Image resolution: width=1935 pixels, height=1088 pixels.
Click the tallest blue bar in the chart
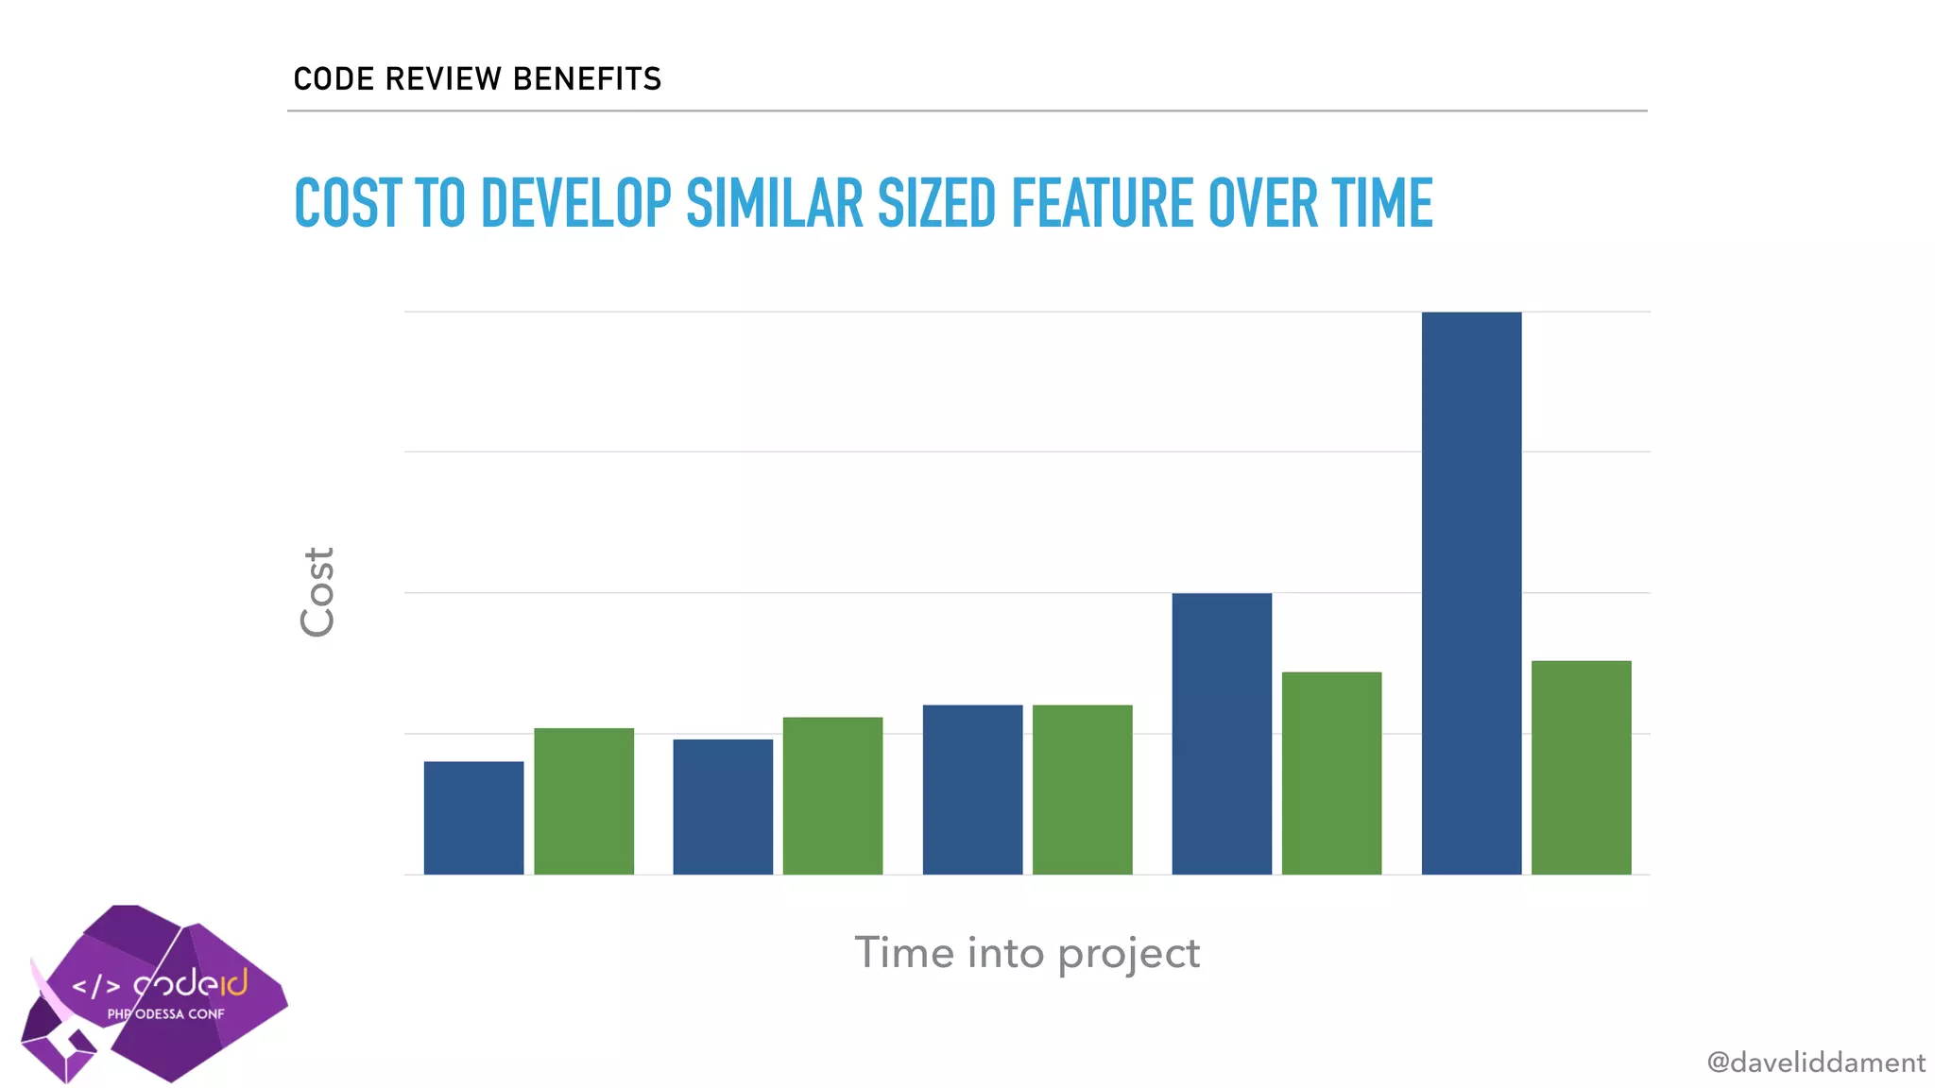click(1471, 593)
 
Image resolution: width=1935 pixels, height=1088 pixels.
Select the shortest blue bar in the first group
click(473, 818)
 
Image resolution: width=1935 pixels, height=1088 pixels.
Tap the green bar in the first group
click(584, 801)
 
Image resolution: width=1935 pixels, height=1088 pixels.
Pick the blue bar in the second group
click(723, 807)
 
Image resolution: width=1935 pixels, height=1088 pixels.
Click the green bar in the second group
click(832, 795)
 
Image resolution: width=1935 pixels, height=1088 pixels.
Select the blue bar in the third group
click(972, 790)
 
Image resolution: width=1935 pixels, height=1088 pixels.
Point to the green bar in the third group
click(1082, 790)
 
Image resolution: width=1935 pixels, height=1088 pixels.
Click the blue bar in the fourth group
click(1222, 734)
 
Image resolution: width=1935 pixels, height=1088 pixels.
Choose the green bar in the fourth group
click(1331, 773)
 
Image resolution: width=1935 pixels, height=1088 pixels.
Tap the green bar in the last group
click(1581, 767)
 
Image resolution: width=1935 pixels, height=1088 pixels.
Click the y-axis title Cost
click(317, 592)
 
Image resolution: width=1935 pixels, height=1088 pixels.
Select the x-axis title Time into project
click(1027, 953)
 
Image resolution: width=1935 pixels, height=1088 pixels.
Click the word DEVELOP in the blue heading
click(575, 203)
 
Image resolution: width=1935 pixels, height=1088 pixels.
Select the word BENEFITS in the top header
click(587, 78)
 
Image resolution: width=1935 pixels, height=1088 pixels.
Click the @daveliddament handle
click(1815, 1062)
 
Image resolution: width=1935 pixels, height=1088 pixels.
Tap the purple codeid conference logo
click(156, 992)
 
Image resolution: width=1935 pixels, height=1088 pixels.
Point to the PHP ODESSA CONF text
click(166, 1014)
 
